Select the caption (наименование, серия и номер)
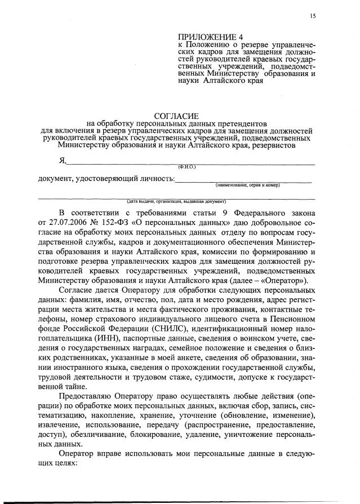click(x=247, y=185)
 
